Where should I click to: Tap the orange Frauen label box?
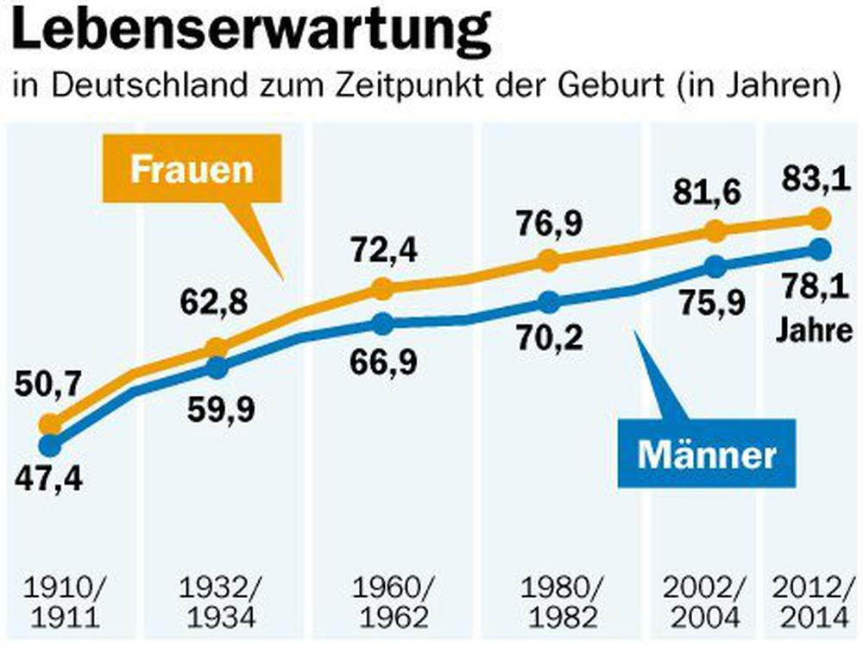point(192,168)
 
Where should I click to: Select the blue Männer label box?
point(707,454)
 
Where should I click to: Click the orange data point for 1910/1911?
point(50,424)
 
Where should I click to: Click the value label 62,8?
point(213,304)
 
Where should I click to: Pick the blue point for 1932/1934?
point(217,368)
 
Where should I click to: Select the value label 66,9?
point(382,362)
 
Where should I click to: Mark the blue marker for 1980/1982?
point(548,302)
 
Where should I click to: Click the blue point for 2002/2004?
point(714,266)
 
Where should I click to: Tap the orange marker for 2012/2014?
point(818,218)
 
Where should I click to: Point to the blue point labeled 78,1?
point(818,249)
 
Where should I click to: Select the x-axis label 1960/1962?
point(390,603)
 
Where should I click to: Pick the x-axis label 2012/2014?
point(814,603)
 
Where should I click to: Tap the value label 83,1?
point(810,180)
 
